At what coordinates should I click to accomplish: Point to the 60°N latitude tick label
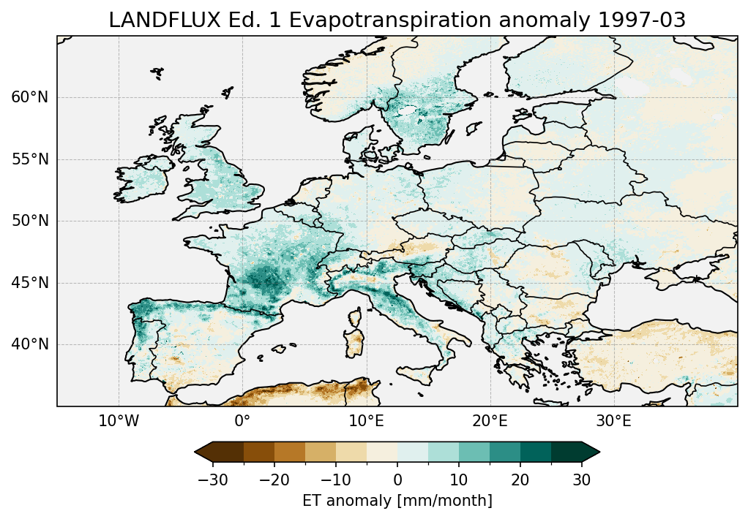30,97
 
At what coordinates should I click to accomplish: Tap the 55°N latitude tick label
30,159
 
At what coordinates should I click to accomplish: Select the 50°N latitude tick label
30,221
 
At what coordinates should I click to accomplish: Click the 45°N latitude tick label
30,283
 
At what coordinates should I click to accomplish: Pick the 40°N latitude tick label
30,344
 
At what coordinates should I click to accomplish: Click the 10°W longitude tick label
119,421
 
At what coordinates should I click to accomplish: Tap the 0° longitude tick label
242,421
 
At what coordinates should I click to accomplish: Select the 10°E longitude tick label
366,421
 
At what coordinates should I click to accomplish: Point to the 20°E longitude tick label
490,421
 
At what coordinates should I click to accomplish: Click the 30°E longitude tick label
613,421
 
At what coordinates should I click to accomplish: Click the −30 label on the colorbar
212,480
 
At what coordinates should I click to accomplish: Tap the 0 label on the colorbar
397,480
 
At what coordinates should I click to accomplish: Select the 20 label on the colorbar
520,480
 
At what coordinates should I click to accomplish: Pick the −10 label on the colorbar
335,480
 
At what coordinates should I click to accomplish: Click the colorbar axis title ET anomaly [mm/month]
397,501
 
